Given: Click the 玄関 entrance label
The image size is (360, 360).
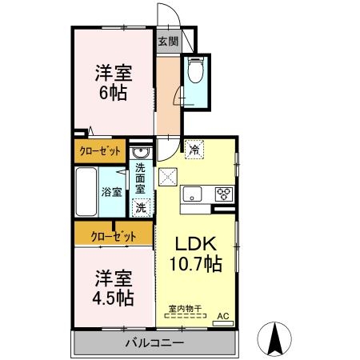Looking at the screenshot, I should pos(166,42).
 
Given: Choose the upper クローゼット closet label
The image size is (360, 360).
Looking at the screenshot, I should pos(100,150).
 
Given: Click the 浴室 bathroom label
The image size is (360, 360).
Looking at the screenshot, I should pos(111,192).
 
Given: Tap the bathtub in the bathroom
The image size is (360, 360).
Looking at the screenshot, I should pos(86,191).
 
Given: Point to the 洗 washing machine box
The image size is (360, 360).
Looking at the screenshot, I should pos(141,207).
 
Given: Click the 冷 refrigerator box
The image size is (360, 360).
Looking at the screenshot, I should pos(194,148).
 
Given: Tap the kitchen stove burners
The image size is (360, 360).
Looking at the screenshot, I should pos(223,194).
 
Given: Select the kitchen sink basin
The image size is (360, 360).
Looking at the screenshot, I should pos(194,194).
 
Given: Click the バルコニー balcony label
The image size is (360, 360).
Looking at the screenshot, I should pos(154,343).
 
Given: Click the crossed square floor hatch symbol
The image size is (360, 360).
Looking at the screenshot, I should pos(167,177).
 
